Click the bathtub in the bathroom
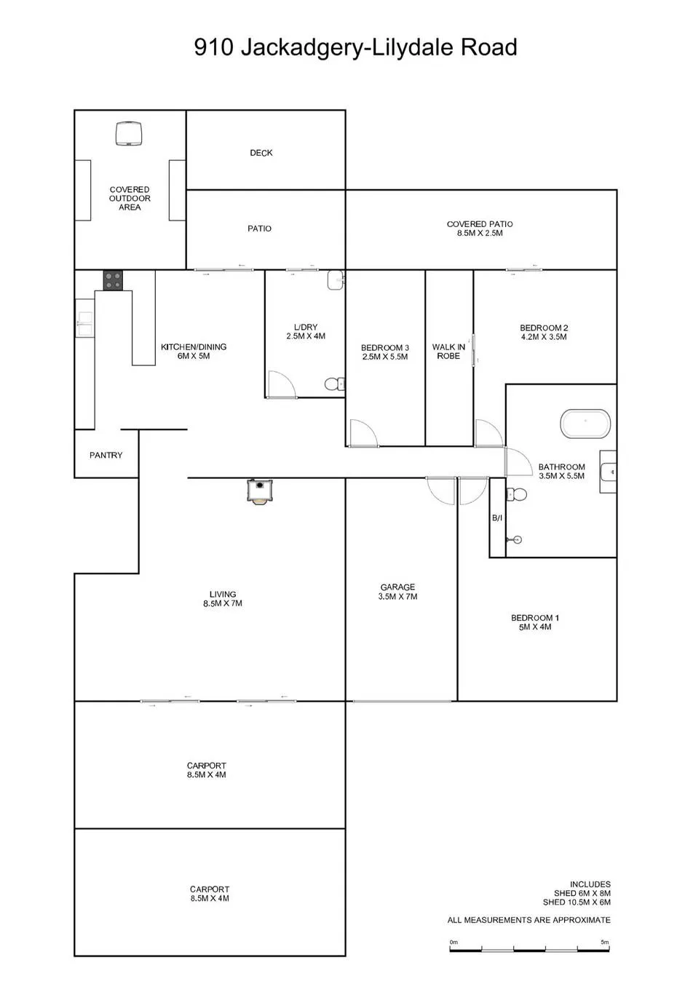point(585,423)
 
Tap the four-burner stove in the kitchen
point(113,280)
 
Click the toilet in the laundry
point(334,384)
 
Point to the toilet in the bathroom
point(516,494)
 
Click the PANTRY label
point(106,455)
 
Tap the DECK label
point(261,153)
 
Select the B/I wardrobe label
point(497,518)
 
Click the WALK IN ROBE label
point(448,351)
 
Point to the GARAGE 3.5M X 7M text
point(398,592)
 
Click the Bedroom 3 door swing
point(363,433)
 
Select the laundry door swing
point(282,384)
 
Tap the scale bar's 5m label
point(604,942)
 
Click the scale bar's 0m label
point(454,942)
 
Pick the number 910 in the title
point(214,47)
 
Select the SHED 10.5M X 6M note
point(577,902)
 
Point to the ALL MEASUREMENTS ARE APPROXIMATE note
point(528,920)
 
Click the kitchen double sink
point(85,324)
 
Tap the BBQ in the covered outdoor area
point(129,134)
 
